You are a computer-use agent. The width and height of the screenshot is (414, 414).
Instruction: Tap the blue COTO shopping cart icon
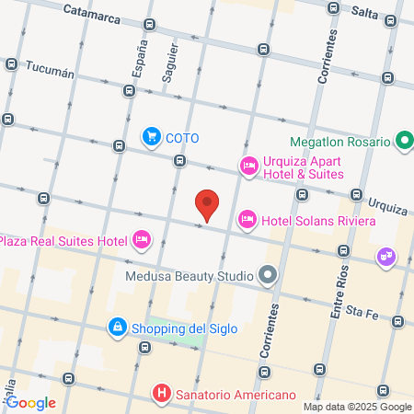point(151,137)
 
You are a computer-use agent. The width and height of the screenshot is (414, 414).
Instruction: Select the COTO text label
point(182,138)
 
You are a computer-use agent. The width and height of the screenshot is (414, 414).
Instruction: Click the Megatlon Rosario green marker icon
point(403,143)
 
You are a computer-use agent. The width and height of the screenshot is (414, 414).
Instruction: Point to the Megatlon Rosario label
point(340,143)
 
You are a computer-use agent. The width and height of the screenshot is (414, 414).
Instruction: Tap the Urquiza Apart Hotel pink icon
point(247,167)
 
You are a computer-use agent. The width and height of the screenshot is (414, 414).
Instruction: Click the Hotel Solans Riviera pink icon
point(247,220)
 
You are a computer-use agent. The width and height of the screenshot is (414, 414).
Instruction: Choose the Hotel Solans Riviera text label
point(318,221)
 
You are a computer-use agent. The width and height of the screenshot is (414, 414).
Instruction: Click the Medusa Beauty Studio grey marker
point(268,275)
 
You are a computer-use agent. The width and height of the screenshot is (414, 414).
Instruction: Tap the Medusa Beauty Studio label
point(190,275)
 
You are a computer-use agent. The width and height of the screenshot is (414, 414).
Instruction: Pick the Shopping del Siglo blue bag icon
point(117,327)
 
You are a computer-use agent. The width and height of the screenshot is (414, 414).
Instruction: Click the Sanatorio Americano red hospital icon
point(163,395)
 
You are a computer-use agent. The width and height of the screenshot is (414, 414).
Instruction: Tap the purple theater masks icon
point(385,257)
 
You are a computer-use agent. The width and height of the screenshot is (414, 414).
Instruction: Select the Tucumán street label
point(50,67)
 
